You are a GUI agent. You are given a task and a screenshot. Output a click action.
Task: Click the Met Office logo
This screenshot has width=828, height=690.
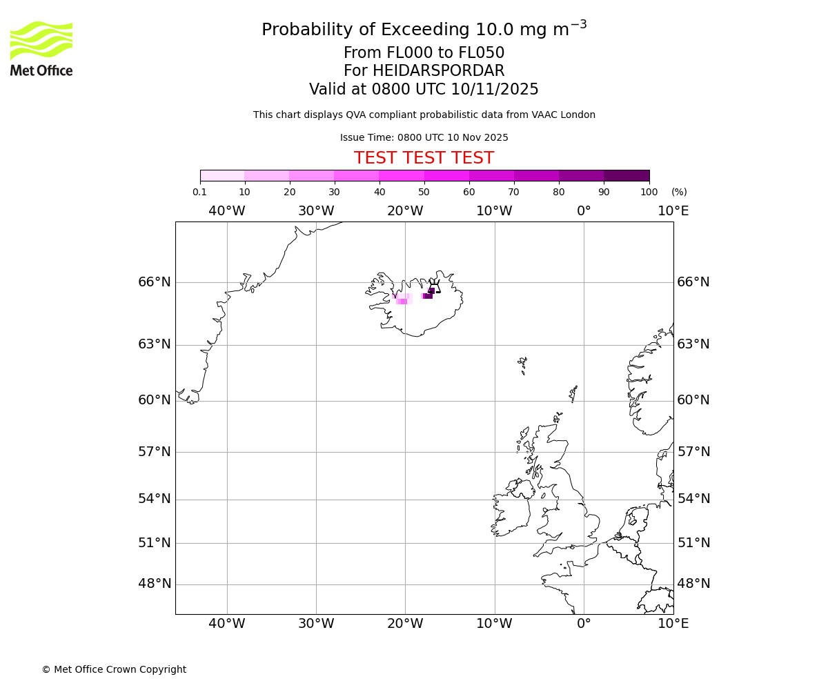coord(41,48)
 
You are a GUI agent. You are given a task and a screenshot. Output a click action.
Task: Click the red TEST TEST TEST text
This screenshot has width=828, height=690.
coord(424,159)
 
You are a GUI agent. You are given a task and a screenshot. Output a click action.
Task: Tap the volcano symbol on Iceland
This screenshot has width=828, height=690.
coord(434,286)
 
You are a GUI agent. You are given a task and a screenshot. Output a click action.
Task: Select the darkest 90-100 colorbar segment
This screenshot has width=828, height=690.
coord(627,176)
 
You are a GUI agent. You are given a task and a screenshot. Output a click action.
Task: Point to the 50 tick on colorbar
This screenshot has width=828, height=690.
coord(424,182)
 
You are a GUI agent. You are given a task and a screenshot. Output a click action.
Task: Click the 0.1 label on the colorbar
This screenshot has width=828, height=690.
coord(199,193)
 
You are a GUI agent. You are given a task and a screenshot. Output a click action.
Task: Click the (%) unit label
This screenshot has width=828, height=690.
coord(679,193)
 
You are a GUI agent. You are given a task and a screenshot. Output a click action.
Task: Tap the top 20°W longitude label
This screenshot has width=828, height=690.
coord(405,211)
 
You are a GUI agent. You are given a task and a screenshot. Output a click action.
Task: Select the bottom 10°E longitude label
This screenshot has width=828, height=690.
coord(673,624)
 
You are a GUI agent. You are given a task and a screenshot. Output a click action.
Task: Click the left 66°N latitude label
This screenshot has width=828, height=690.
coord(154,282)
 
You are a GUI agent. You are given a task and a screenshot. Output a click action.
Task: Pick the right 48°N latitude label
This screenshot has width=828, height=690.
coord(693,584)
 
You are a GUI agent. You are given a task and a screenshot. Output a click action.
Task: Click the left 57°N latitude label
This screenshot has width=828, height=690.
coord(154,452)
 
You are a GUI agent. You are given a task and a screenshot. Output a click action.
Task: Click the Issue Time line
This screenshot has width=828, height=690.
coord(424,138)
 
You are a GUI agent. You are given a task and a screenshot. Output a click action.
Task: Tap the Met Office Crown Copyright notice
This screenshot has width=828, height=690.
coord(114,670)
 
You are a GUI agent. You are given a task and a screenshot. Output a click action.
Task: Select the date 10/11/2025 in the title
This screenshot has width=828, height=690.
coord(495,90)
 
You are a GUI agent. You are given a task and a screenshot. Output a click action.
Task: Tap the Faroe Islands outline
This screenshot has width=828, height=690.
coord(522,364)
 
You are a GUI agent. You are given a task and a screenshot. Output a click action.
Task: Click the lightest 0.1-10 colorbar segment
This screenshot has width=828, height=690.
coord(222,176)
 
